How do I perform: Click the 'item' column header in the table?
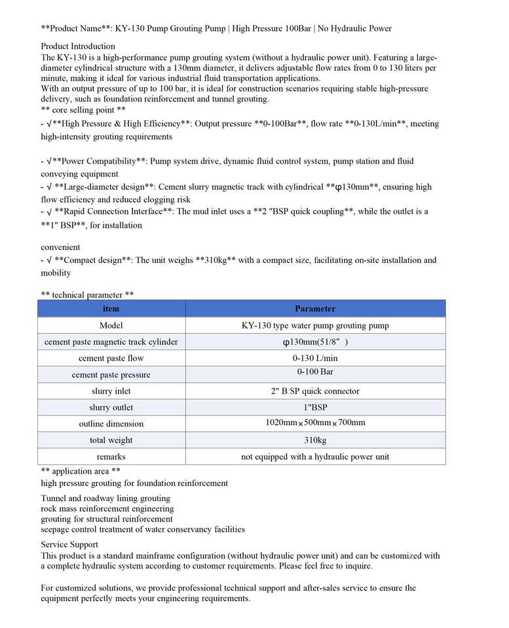coord(111,309)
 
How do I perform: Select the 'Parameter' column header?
coord(315,309)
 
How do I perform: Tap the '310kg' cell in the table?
coord(315,440)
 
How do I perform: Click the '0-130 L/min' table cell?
coord(315,358)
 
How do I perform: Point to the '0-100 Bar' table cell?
coord(315,373)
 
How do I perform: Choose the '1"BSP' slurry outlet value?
coord(315,408)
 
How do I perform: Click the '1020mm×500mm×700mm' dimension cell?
coord(315,423)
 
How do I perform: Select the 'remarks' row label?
coord(111,457)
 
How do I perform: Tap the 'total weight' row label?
coord(111,440)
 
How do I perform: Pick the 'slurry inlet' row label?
coord(111,391)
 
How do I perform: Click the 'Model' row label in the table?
coord(111,325)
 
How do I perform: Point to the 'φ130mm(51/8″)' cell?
coord(315,342)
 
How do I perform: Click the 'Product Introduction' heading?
coord(78,46)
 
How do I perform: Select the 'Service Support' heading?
coord(69,544)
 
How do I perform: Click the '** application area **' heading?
coord(80,471)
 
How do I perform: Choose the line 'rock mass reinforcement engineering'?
coord(107,508)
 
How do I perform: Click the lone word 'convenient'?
coord(60,247)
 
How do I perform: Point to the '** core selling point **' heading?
coord(83,110)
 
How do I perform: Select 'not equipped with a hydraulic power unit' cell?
coord(315,457)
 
